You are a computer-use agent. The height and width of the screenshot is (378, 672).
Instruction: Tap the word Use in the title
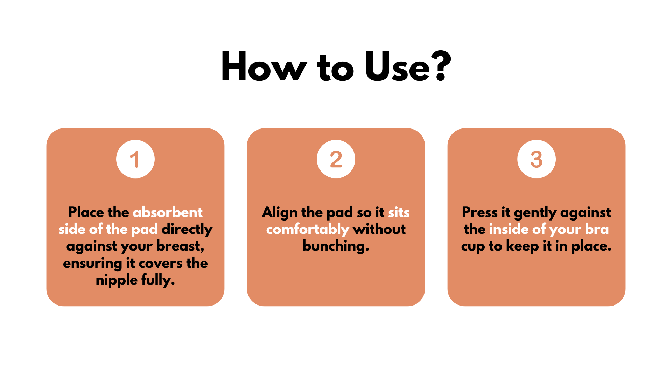click(397, 66)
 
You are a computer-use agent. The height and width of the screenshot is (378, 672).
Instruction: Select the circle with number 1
click(135, 159)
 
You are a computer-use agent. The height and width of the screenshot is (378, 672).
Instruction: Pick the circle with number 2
click(336, 159)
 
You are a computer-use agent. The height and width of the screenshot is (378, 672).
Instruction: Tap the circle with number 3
click(537, 159)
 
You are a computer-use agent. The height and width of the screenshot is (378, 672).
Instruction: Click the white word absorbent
click(168, 212)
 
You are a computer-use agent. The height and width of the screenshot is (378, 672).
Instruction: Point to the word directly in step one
click(187, 230)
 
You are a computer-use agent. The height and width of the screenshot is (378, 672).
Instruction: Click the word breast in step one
click(180, 246)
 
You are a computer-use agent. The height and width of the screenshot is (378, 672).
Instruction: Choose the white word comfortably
click(308, 230)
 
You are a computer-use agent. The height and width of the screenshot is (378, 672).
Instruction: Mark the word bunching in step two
click(335, 246)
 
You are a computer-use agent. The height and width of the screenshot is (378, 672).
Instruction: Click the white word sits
click(399, 212)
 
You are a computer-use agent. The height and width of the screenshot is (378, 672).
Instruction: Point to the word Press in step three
click(479, 212)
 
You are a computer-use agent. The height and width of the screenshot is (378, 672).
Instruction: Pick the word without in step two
click(379, 229)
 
